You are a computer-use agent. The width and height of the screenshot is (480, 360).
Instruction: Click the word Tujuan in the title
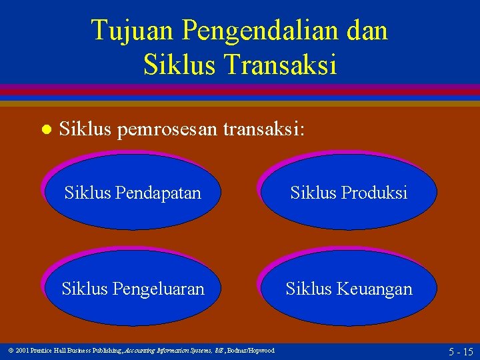(132, 31)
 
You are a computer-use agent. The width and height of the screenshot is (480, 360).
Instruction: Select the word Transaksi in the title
(281, 64)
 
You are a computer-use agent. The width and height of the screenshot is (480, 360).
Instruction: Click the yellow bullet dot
(47, 129)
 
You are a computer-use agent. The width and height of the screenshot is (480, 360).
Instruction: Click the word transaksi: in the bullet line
(264, 129)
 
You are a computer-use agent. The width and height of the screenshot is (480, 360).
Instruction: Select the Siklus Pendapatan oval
(133, 192)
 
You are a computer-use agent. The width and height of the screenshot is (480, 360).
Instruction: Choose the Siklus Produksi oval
(349, 192)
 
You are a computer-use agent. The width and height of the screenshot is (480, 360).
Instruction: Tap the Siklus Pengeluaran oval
(133, 288)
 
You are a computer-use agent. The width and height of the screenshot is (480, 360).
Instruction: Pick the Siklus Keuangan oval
(349, 288)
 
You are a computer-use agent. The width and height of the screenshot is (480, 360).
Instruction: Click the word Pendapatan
(158, 193)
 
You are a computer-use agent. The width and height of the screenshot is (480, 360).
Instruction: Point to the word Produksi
(374, 192)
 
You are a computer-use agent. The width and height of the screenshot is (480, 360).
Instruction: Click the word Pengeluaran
(159, 289)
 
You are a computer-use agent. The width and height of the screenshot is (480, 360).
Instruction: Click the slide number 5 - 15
(461, 351)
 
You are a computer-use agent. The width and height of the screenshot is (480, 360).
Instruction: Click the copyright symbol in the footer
(11, 351)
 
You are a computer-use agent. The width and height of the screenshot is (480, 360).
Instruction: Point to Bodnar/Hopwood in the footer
(251, 351)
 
